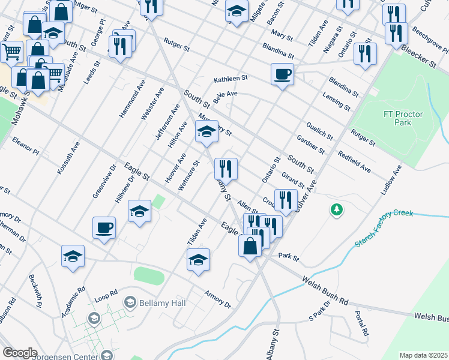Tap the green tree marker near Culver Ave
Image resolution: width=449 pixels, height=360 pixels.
[337, 209]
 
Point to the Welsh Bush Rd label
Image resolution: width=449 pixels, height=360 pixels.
[325, 290]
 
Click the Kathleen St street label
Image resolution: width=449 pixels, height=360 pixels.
[231, 79]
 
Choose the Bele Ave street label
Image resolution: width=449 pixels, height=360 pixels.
[225, 95]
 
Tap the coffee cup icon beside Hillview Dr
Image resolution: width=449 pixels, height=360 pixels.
[104, 229]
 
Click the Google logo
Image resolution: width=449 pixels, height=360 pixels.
[20, 352]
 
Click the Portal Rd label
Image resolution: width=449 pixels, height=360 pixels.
[361, 322]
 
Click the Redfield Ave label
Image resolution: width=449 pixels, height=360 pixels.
[354, 163]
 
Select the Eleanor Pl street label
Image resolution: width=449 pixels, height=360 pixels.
[25, 146]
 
